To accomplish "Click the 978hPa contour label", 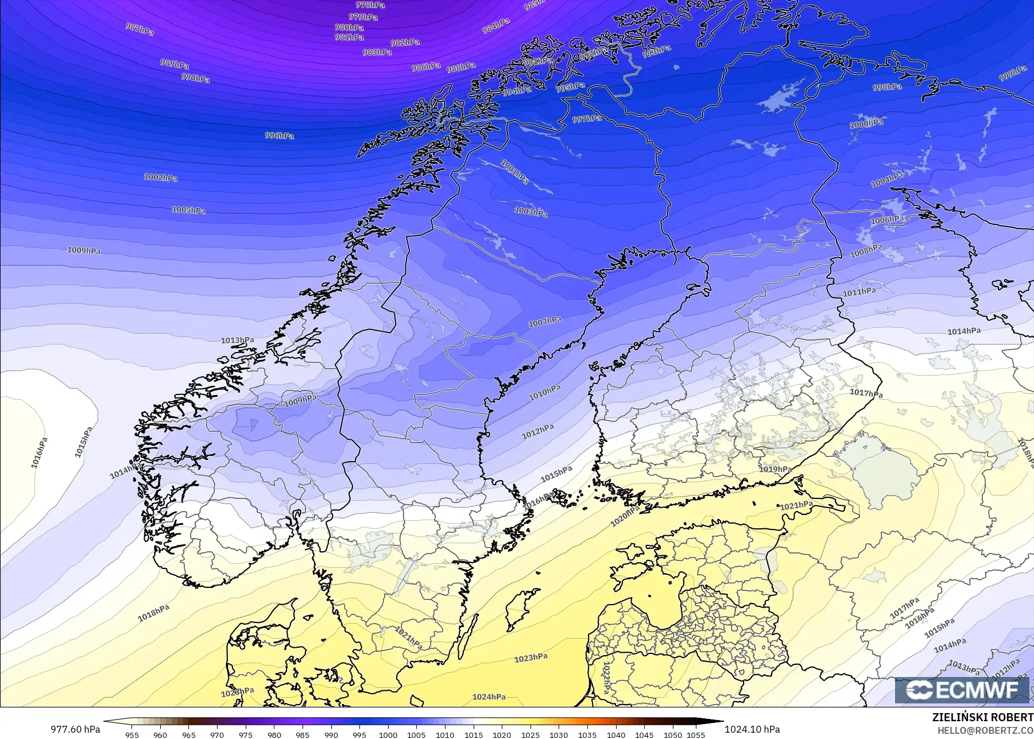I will click(370, 5).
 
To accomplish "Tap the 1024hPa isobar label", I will click(489, 697).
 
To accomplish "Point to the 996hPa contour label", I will click(279, 136).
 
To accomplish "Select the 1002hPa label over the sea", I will click(160, 177).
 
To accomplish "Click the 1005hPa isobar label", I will click(188, 210).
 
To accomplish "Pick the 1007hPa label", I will click(545, 322).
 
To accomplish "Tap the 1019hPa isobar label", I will click(775, 469).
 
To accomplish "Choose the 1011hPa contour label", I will click(859, 292).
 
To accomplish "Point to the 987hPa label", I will click(140, 29).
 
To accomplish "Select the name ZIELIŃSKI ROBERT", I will click(982, 717).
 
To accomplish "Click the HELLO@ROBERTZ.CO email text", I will click(987, 730).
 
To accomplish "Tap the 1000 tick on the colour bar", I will click(388, 734).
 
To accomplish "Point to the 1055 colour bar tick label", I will click(695, 734).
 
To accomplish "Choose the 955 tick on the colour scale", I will click(131, 734).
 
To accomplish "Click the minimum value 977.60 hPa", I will click(75, 729).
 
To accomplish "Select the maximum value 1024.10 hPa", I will click(752, 729).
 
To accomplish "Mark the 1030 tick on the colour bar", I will click(559, 734).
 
